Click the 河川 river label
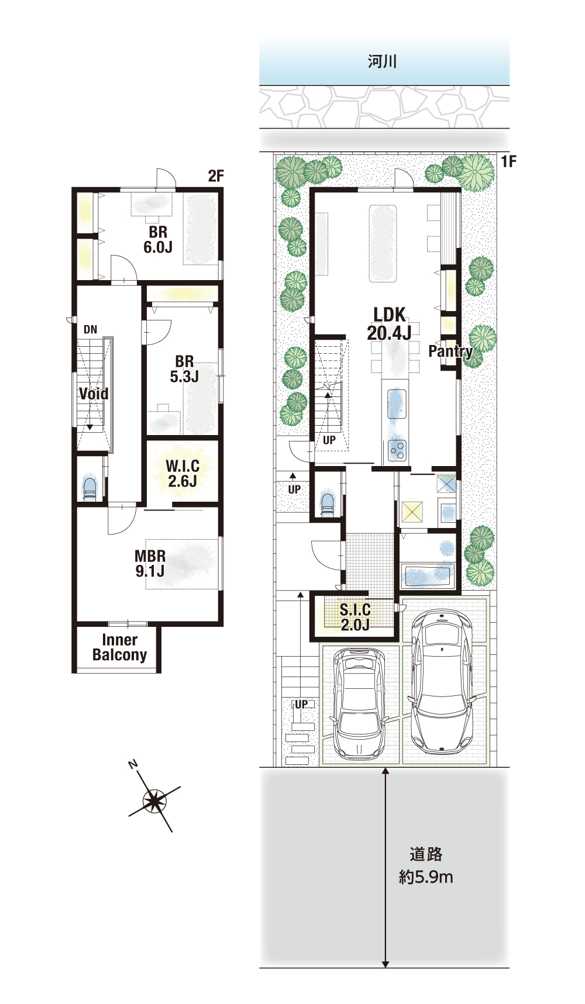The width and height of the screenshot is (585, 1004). click(x=383, y=61)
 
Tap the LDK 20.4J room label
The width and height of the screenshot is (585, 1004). click(x=389, y=323)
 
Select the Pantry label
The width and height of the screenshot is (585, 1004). click(x=450, y=351)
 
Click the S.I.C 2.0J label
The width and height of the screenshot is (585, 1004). click(x=355, y=617)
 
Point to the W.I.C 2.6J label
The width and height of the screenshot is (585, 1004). click(x=183, y=474)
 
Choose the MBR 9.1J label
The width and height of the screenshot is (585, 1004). click(x=150, y=564)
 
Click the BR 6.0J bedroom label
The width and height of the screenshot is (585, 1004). click(x=158, y=240)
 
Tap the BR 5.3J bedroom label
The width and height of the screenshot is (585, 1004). click(x=184, y=369)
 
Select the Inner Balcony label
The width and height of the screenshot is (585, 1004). click(x=119, y=647)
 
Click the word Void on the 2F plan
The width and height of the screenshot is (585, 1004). click(x=94, y=394)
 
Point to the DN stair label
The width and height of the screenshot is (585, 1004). click(x=90, y=330)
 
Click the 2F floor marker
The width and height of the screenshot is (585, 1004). click(x=216, y=175)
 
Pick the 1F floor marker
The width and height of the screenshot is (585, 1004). click(x=509, y=161)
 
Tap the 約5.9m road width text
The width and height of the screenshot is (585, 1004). click(x=426, y=877)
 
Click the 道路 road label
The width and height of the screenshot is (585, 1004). click(x=426, y=854)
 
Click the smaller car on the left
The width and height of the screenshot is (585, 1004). click(x=359, y=701)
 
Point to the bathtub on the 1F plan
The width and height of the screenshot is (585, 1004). click(x=429, y=576)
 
